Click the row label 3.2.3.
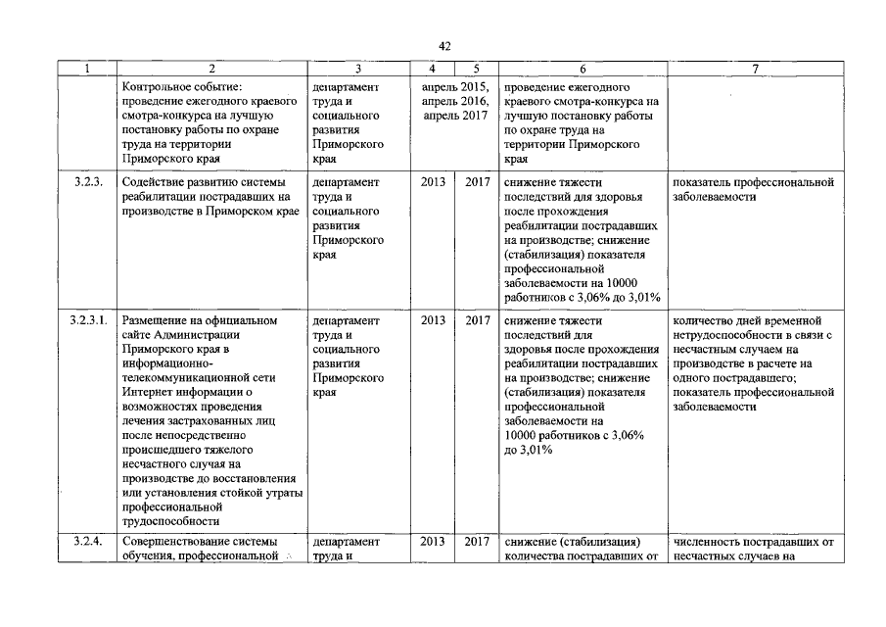tap(88, 182)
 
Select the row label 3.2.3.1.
tap(91, 320)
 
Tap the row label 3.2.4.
tap(88, 541)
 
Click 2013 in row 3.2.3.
tap(432, 182)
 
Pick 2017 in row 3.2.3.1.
tap(477, 320)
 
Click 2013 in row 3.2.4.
tap(432, 541)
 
